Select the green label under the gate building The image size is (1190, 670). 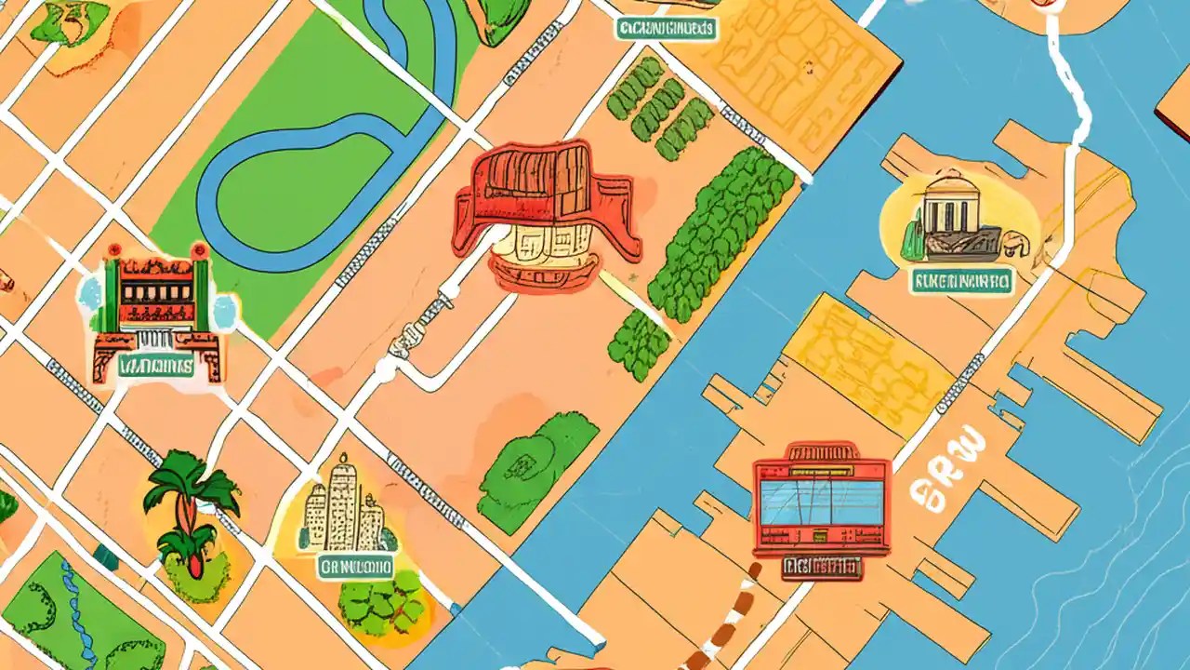(x=155, y=366)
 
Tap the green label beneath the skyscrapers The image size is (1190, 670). (x=355, y=566)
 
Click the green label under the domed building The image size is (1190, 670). (x=961, y=281)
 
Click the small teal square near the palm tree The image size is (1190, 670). (x=105, y=556)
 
